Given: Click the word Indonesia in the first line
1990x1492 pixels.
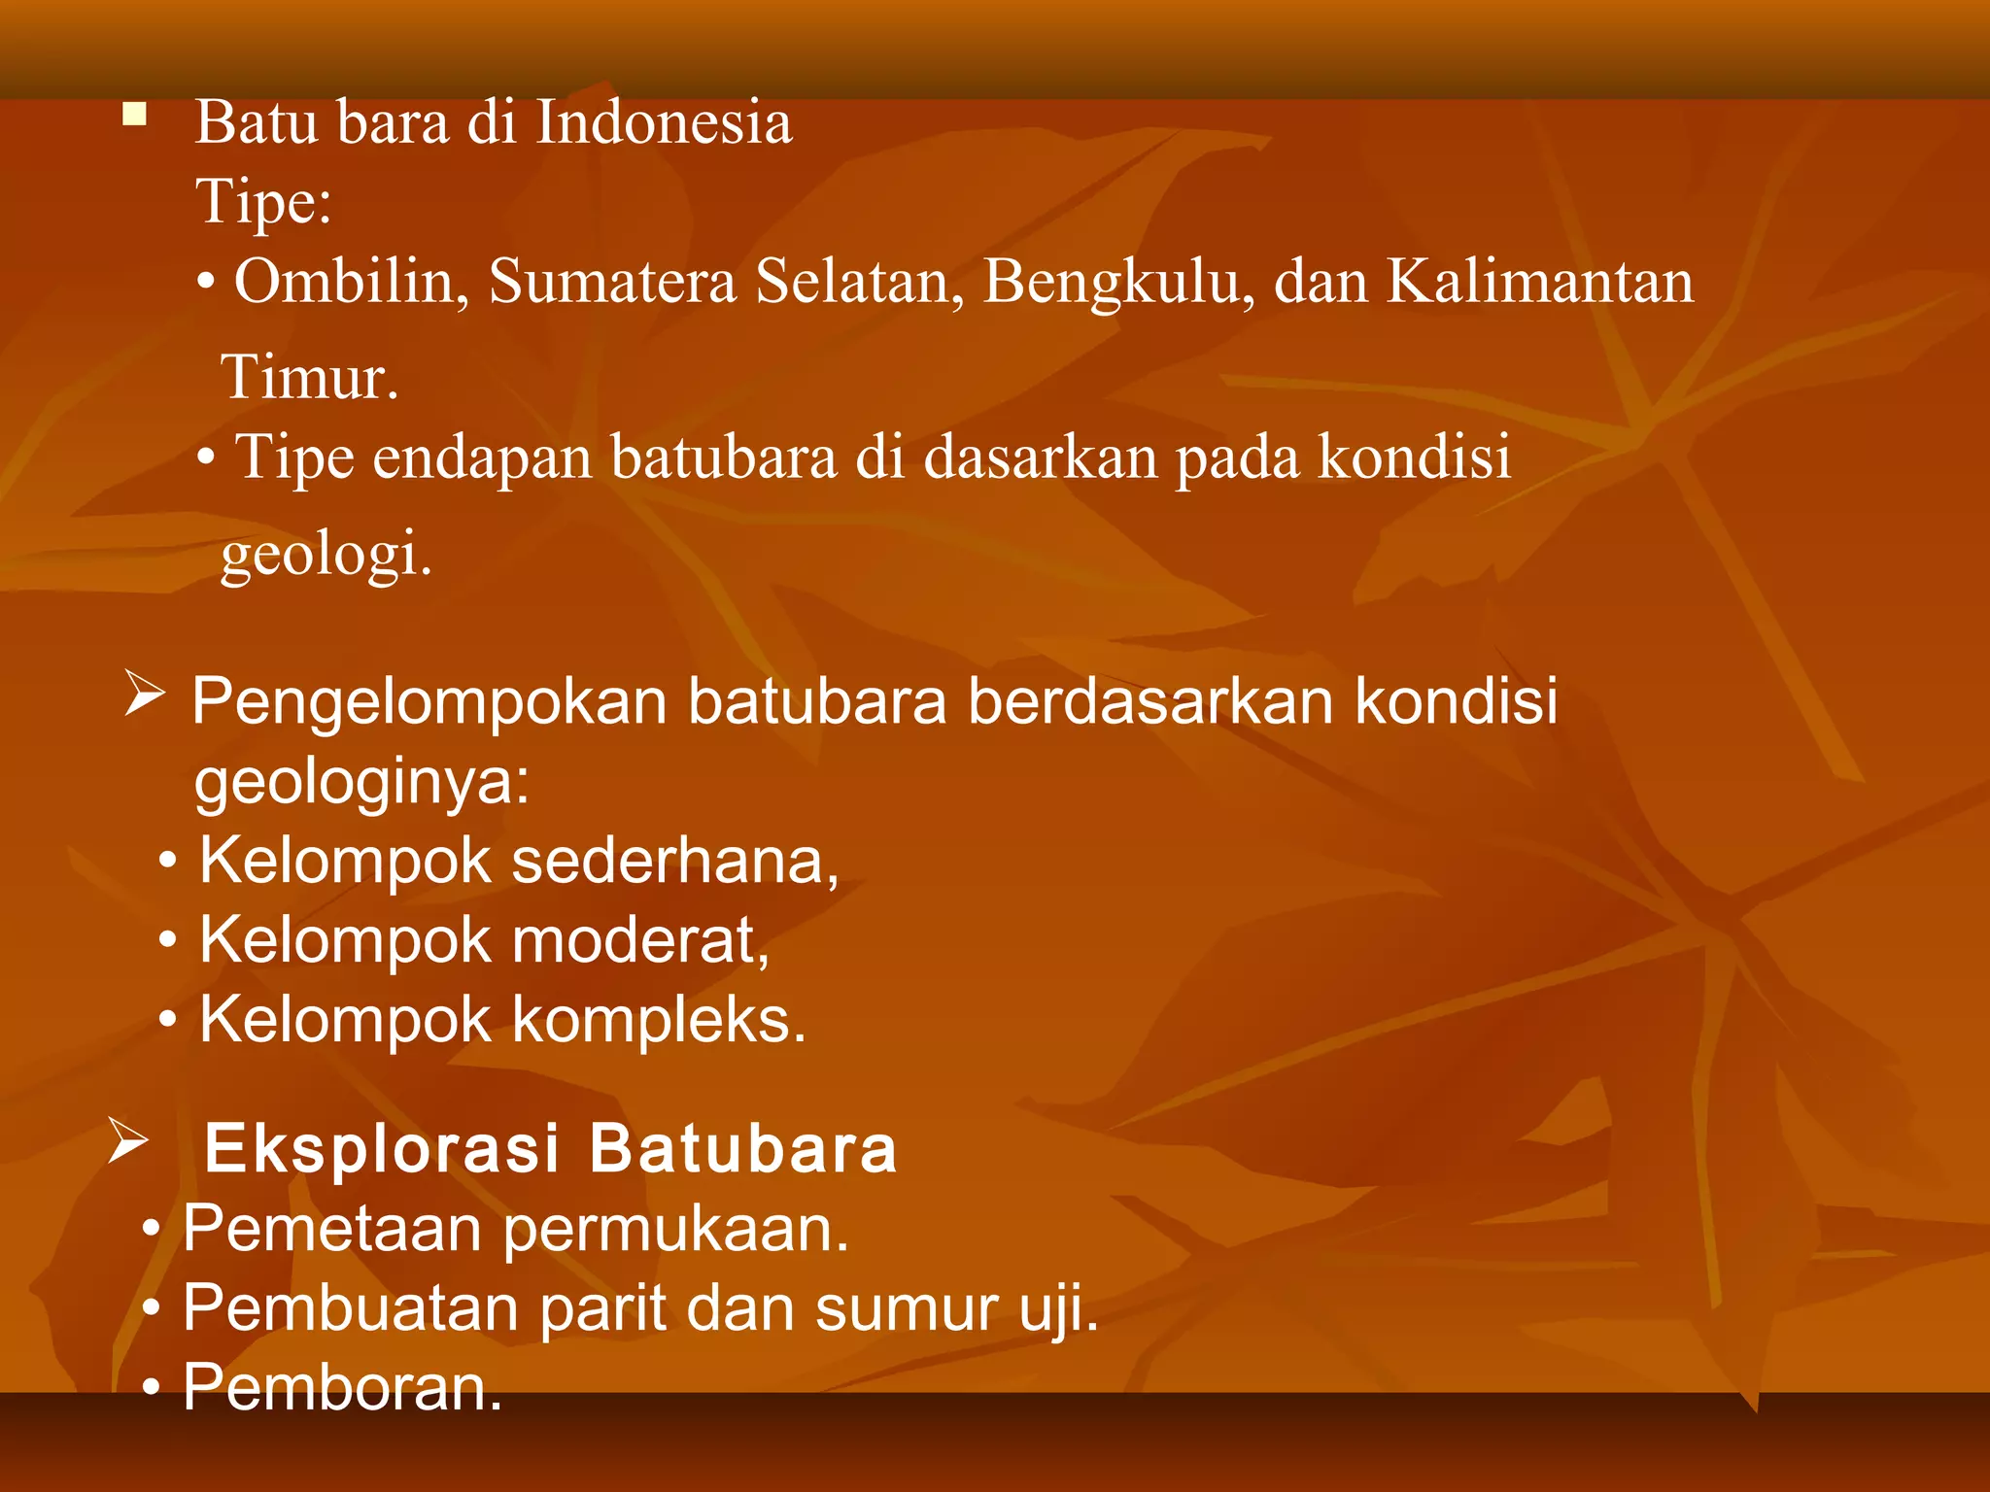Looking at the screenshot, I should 664,123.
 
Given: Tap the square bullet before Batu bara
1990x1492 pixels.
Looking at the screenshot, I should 134,117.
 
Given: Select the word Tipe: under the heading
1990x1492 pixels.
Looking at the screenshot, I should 263,203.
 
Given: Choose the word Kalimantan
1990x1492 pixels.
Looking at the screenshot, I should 1539,283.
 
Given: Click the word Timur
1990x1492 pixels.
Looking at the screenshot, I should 309,377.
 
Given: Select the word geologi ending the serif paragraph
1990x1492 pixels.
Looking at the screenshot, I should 326,554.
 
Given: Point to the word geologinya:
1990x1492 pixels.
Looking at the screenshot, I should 361,781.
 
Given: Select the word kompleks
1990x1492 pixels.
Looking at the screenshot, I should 658,1020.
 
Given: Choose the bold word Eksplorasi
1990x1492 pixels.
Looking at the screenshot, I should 382,1148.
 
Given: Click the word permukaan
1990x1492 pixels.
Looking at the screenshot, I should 676,1229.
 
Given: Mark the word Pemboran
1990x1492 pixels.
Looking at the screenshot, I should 342,1387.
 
